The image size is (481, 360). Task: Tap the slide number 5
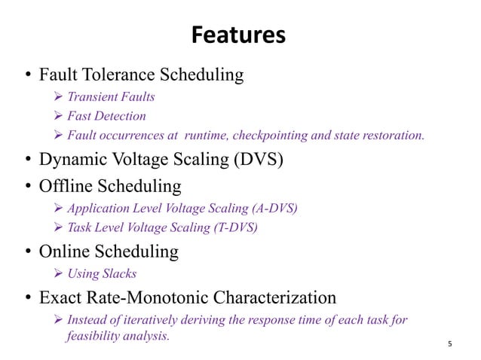(450, 344)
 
